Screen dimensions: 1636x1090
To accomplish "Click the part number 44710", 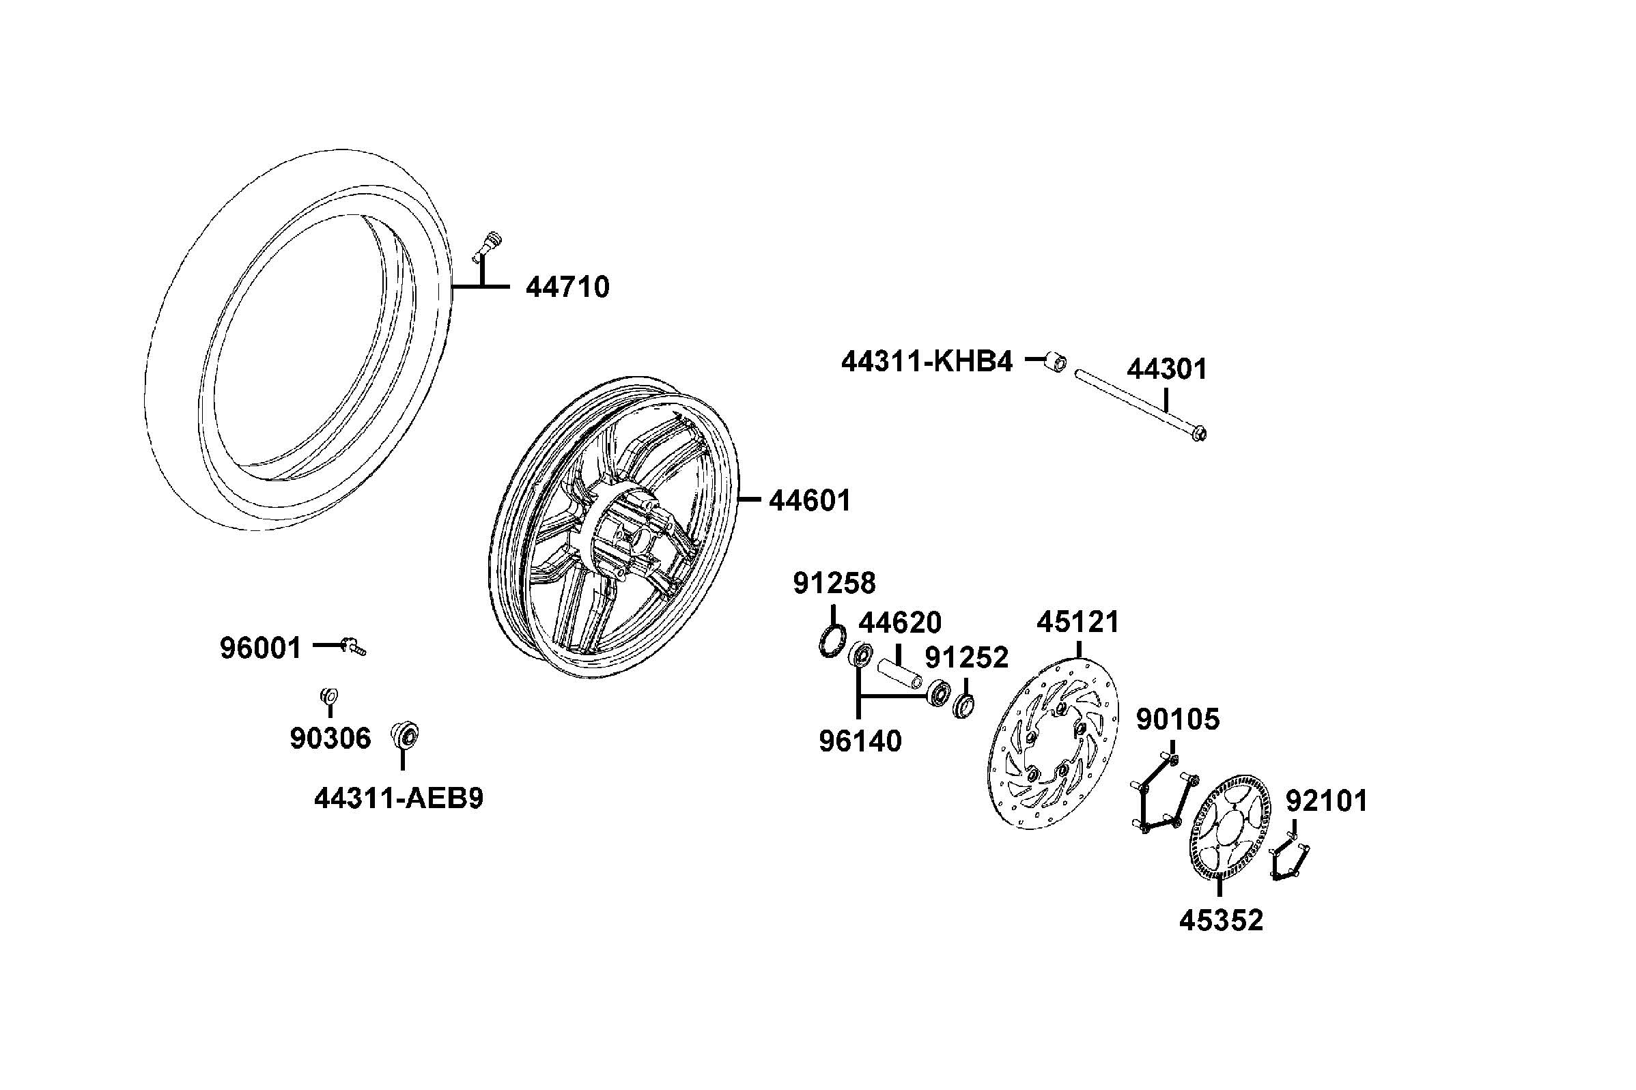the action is tap(567, 287).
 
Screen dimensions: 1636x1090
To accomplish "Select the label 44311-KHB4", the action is tap(927, 362).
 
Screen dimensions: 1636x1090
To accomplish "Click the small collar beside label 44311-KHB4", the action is tap(1056, 362).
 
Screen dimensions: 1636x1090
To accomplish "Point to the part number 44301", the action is tap(1167, 369).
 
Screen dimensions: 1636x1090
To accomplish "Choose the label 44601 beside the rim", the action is tap(809, 500).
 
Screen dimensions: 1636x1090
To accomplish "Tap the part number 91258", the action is tap(834, 584).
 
